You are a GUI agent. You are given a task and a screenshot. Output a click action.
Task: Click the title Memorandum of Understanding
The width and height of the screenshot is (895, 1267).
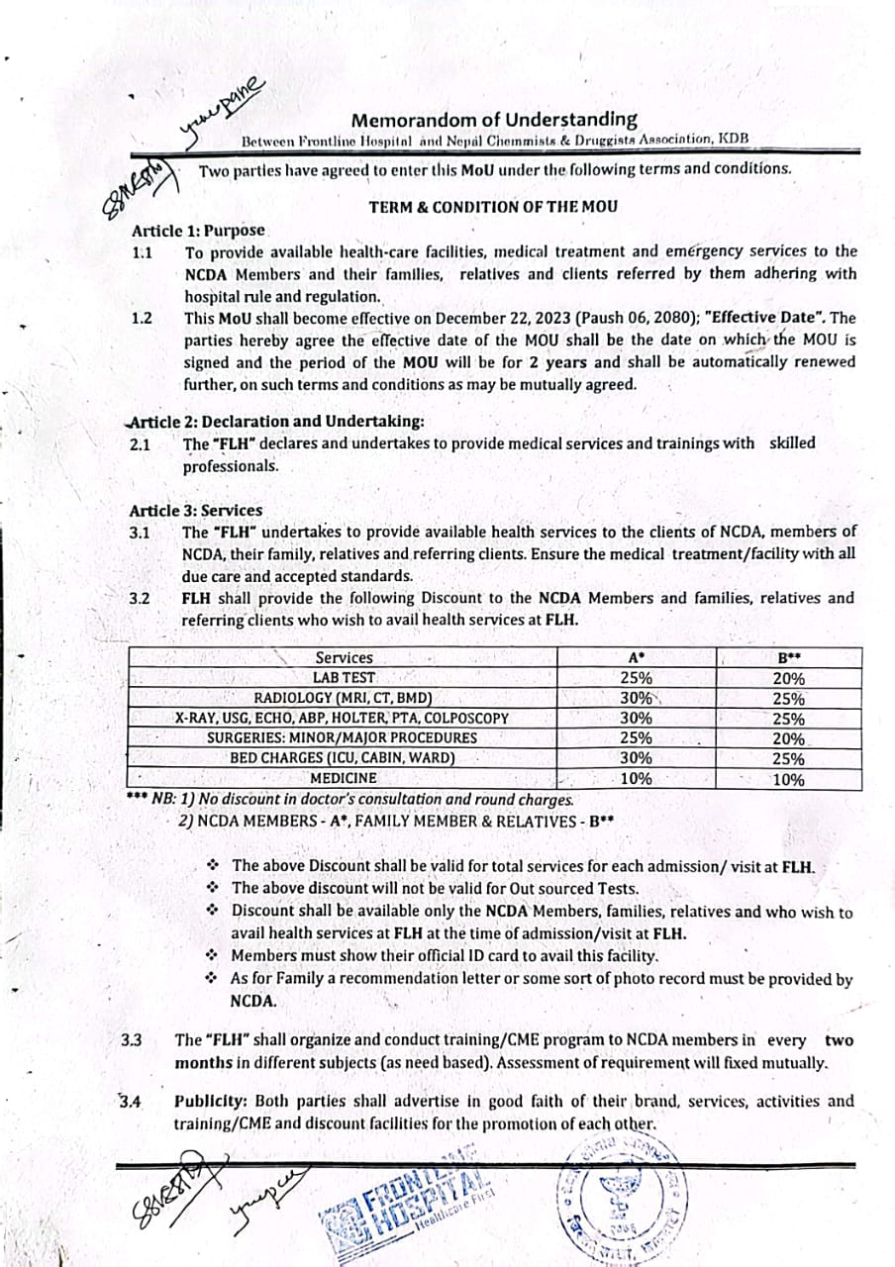tap(495, 121)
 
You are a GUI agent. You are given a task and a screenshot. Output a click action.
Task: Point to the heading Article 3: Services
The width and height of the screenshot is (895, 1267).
tap(196, 511)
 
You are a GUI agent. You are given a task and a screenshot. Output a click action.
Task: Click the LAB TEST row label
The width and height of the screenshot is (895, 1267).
tap(343, 678)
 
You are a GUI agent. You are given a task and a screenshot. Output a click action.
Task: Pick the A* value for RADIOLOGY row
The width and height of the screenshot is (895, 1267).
tap(636, 698)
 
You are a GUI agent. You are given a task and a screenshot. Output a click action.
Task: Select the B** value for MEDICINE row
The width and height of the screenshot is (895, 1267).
tap(788, 779)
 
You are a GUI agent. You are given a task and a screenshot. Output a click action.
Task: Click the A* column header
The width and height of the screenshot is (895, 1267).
tap(636, 657)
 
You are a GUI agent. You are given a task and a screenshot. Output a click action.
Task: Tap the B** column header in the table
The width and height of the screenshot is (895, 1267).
tap(788, 657)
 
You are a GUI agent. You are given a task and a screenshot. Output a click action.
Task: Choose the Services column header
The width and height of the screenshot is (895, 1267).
tap(344, 657)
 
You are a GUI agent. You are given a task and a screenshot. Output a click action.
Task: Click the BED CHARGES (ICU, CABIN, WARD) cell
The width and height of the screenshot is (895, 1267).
tap(343, 758)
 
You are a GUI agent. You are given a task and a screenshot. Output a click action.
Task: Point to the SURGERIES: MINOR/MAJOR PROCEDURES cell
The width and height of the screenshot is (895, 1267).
tap(342, 737)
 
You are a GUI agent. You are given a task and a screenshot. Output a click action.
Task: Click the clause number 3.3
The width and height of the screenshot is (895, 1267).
tap(132, 1040)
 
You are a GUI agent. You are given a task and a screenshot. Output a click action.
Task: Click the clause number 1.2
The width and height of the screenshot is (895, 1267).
tap(142, 318)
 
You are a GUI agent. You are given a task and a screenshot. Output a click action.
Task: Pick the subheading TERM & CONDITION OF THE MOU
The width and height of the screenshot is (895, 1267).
tap(493, 207)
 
